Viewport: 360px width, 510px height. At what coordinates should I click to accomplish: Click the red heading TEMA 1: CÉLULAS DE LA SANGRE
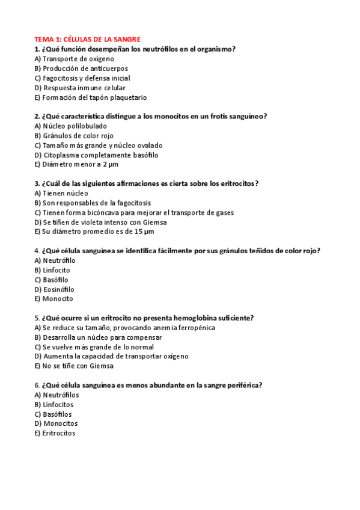pos(87,39)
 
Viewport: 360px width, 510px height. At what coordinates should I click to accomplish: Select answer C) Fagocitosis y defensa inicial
pos(82,78)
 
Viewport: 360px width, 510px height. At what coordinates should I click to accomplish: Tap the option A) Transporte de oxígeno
pos(75,59)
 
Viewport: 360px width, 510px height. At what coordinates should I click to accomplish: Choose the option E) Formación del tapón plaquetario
pos(91,97)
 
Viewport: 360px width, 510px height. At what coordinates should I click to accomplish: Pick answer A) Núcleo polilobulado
pos(71,126)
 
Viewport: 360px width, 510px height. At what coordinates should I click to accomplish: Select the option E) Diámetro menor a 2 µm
pos(76,165)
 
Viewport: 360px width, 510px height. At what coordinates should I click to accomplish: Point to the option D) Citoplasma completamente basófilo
pos(97,155)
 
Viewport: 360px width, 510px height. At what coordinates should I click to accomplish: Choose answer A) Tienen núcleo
pos(61,193)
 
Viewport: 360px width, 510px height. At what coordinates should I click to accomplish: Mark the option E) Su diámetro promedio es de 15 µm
pos(94,232)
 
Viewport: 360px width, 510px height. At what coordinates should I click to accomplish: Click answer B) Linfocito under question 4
pos(52,270)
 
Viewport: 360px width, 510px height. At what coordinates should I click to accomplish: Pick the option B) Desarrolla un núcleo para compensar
pos(100,337)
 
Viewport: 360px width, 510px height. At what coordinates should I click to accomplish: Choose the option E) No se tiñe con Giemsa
pos(74,366)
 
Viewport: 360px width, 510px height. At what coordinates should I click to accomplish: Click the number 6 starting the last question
pos(37,386)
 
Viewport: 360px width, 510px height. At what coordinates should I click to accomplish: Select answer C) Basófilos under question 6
pos(53,414)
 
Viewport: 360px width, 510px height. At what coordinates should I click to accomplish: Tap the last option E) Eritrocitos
pos(55,434)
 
